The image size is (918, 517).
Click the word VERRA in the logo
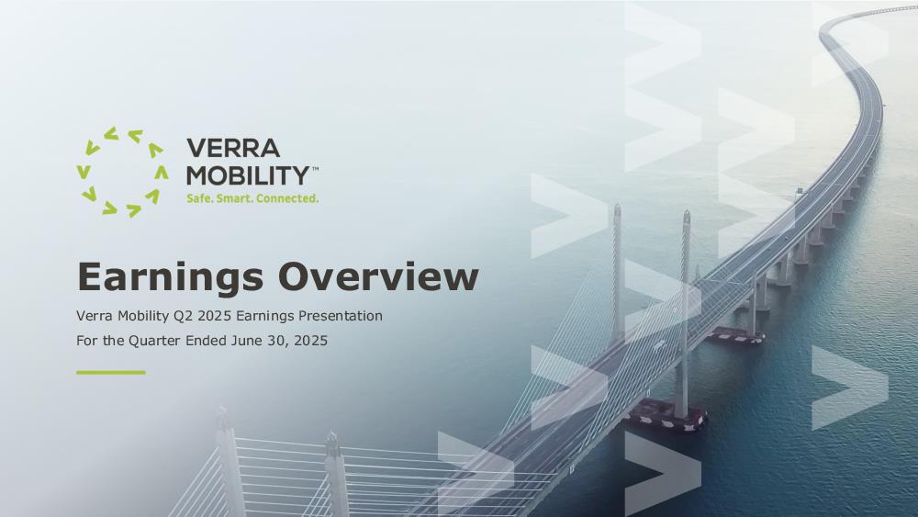(x=233, y=148)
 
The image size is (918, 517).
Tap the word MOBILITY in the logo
(x=248, y=175)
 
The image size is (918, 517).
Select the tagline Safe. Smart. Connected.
(x=252, y=198)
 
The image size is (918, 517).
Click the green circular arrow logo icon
(x=122, y=172)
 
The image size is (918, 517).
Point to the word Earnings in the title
(x=171, y=278)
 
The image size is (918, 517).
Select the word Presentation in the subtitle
(x=341, y=316)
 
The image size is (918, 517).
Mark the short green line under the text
(x=111, y=373)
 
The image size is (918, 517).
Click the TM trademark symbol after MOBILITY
(x=315, y=169)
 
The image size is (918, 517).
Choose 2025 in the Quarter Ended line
(x=311, y=340)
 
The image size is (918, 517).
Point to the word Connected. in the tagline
(x=287, y=198)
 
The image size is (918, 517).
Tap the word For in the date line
(x=86, y=340)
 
